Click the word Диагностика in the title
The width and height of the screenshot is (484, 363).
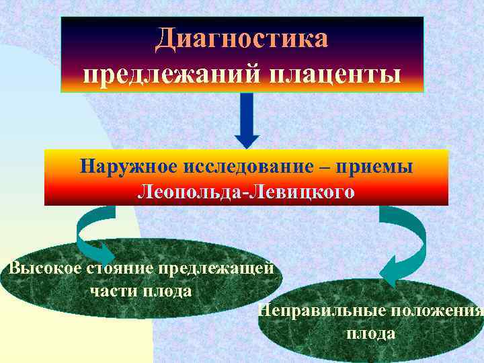241,38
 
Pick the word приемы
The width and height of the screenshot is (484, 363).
380,165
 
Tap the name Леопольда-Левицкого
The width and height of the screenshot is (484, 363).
246,192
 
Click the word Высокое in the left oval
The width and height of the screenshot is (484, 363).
45,268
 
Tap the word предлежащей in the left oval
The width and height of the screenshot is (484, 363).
216,268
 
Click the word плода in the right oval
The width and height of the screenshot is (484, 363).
370,333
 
